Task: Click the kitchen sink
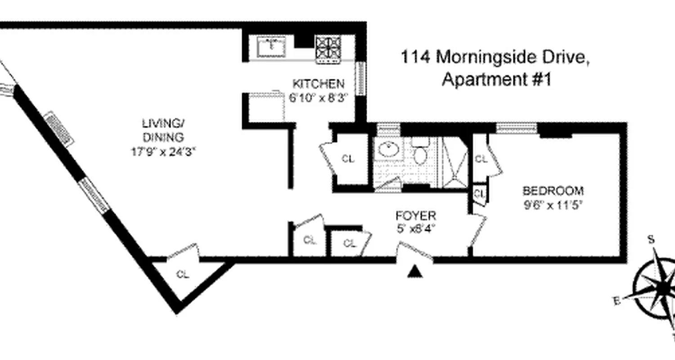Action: (x=272, y=47)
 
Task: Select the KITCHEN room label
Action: (x=318, y=84)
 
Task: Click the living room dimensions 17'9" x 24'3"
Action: (x=163, y=152)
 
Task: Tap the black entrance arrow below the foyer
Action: (x=414, y=271)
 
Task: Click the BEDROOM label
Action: (x=553, y=190)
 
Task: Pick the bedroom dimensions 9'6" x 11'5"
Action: (x=553, y=206)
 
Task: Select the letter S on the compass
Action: (x=651, y=239)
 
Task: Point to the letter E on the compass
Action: (x=617, y=301)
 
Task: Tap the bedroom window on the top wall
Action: (x=517, y=128)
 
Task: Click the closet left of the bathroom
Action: (x=348, y=158)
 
